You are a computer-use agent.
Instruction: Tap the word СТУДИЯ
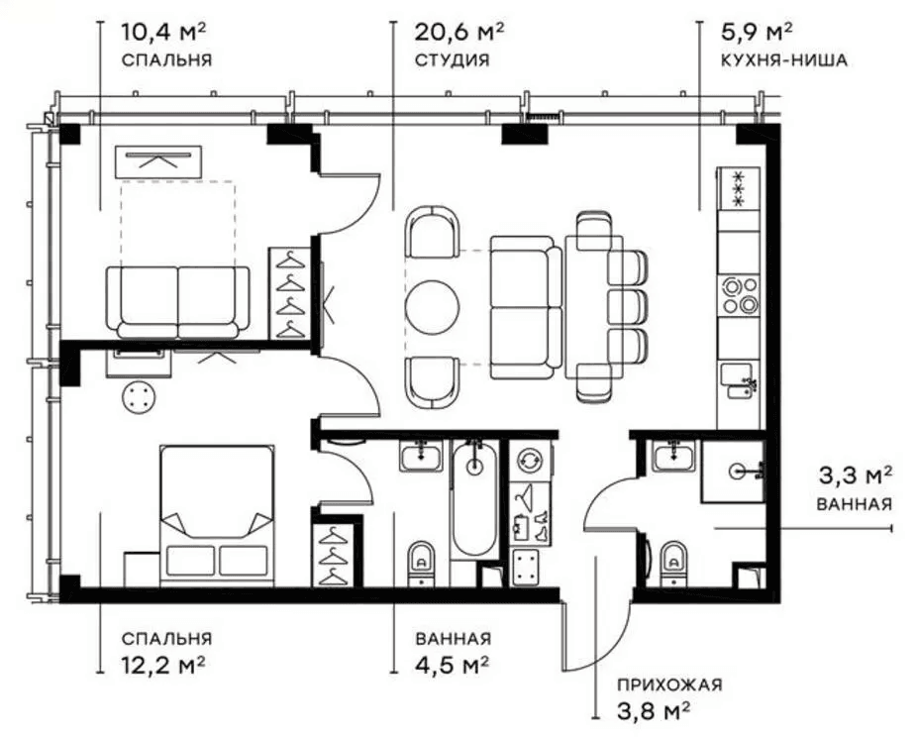pos(452,59)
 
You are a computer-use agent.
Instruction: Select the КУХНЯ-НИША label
pos(783,59)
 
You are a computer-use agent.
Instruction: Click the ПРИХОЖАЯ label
pos(669,684)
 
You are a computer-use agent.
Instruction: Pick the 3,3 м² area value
pos(855,476)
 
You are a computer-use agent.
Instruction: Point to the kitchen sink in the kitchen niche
pos(740,381)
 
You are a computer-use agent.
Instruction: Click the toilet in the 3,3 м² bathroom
pos(674,563)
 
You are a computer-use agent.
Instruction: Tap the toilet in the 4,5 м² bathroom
pos(421,563)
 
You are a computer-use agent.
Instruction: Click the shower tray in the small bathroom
pos(733,472)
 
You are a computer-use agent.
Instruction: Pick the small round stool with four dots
pos(139,398)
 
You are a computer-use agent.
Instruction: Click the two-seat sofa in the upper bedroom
pos(177,302)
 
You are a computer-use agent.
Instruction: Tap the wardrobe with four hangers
pos(290,293)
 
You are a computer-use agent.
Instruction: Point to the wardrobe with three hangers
pos(333,555)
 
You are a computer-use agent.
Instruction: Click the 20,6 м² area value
pos(458,32)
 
